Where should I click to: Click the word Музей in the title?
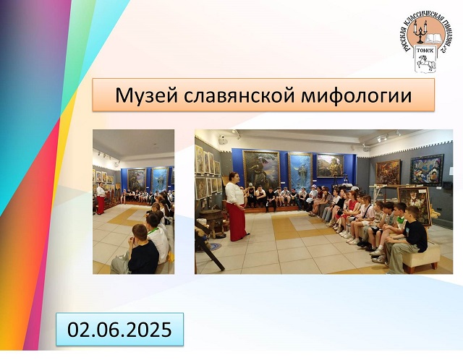146,95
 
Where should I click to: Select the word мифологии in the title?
357,96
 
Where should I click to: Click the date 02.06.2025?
119,330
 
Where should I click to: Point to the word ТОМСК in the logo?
425,50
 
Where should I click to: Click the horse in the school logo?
426,62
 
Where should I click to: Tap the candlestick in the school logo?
420,32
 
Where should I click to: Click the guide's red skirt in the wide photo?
237,221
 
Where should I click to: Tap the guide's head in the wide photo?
233,177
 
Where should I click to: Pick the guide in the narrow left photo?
101,198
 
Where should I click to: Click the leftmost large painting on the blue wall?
261,168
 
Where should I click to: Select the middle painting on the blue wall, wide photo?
300,171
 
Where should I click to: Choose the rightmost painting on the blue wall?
330,166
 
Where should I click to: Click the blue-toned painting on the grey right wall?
427,170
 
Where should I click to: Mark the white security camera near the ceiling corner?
222,139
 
